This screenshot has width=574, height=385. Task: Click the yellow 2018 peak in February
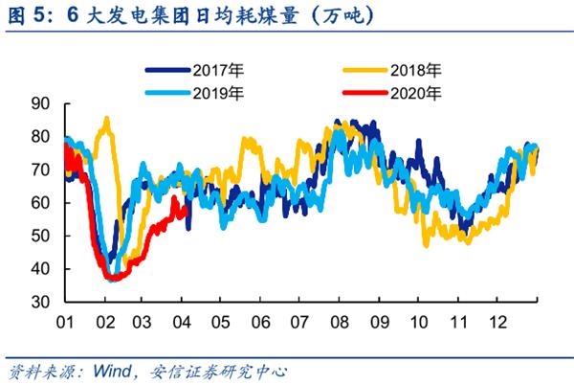tap(105, 119)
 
